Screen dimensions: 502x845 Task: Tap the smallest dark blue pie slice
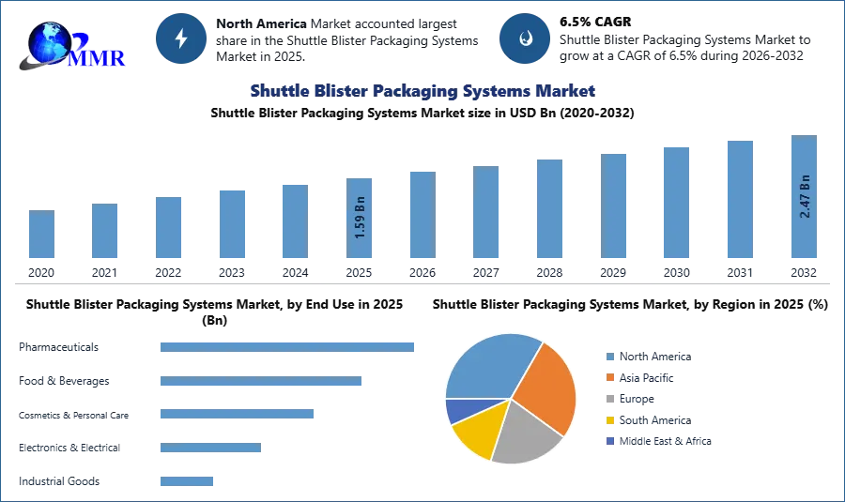coord(456,410)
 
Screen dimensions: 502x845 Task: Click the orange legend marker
coord(608,377)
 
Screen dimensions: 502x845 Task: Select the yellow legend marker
coord(608,420)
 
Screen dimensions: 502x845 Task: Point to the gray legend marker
coord(608,399)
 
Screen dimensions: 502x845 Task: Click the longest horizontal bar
coord(288,346)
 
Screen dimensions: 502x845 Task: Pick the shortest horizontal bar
coord(187,480)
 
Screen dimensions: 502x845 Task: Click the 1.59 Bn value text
coord(361,218)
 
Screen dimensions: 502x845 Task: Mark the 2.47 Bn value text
coord(804,196)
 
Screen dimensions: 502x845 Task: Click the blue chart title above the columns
coord(423,91)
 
